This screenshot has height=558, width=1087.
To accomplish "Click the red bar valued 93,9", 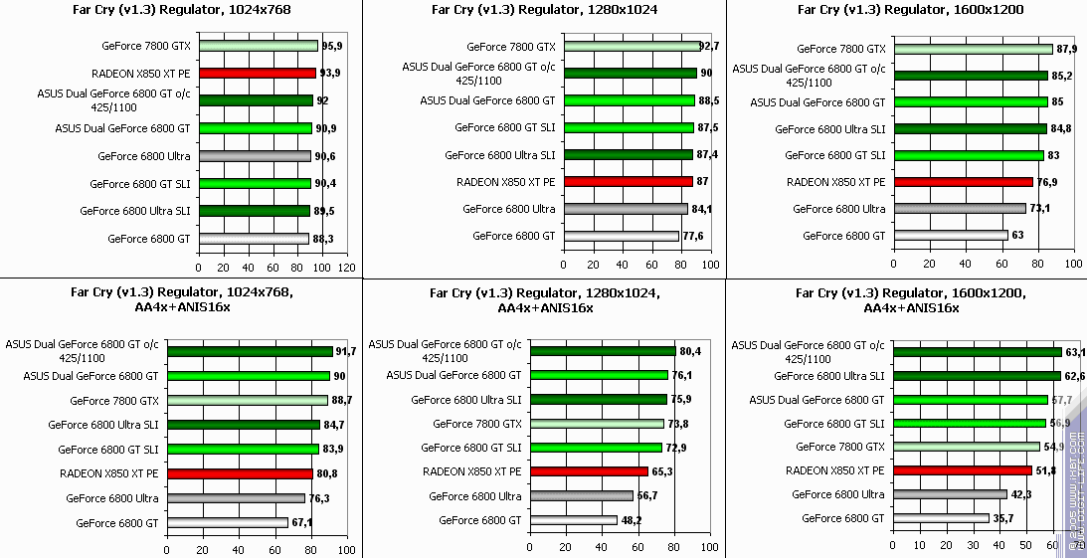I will coord(257,73).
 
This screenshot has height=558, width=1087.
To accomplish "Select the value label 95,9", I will coord(332,46).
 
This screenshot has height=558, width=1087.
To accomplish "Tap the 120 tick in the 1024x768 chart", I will coord(346,268).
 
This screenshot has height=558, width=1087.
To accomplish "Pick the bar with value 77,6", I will coord(621,236).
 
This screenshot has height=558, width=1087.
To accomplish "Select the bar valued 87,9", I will coord(973,48).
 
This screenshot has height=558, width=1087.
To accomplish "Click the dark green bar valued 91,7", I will coord(250,350).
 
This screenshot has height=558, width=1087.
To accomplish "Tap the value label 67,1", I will coord(302,522).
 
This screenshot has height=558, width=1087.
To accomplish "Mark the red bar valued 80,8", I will coord(240,473).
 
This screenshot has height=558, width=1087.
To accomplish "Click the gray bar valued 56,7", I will coord(582,495).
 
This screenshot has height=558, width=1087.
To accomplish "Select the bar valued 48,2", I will coord(574,519).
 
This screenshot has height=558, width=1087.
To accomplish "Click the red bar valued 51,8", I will coord(963,470).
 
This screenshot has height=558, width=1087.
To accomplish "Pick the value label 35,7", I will coord(1005,518).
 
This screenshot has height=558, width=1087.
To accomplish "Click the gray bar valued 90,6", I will coord(255,156).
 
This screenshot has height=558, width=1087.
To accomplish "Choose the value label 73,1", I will coord(1039,209).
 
